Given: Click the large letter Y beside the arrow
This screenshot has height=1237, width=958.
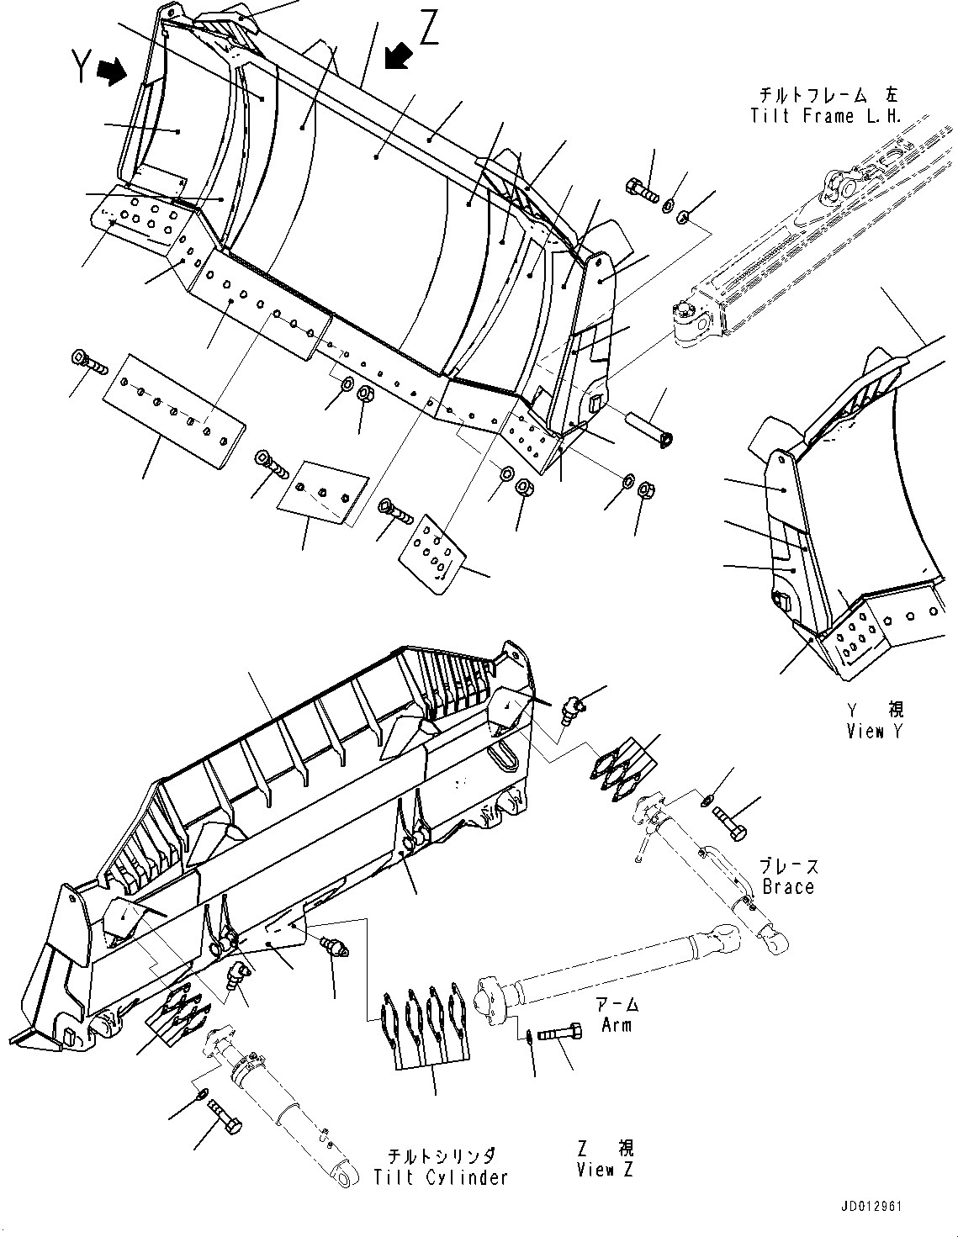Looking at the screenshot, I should click(81, 66).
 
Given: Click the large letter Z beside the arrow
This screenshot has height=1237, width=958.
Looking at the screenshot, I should click(429, 30).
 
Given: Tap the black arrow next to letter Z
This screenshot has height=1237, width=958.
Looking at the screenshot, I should click(396, 56).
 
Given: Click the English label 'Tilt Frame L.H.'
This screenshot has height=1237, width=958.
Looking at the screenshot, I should click(825, 116).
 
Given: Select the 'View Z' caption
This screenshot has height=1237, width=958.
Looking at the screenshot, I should click(606, 1169).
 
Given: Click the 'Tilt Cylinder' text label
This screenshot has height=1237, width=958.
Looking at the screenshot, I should click(441, 1177).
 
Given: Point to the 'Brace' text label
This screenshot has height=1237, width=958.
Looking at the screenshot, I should click(788, 886).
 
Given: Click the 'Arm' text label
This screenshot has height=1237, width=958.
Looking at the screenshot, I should click(617, 1024).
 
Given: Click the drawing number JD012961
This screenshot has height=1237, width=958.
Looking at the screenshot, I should click(869, 1207).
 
